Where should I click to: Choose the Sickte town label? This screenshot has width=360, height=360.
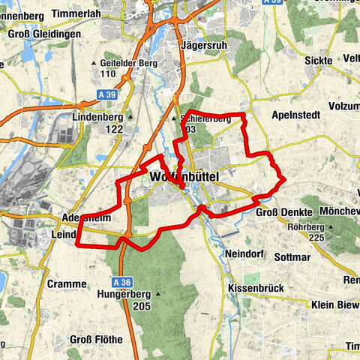(319, 60)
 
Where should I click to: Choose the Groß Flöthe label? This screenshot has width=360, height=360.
(96, 340)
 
